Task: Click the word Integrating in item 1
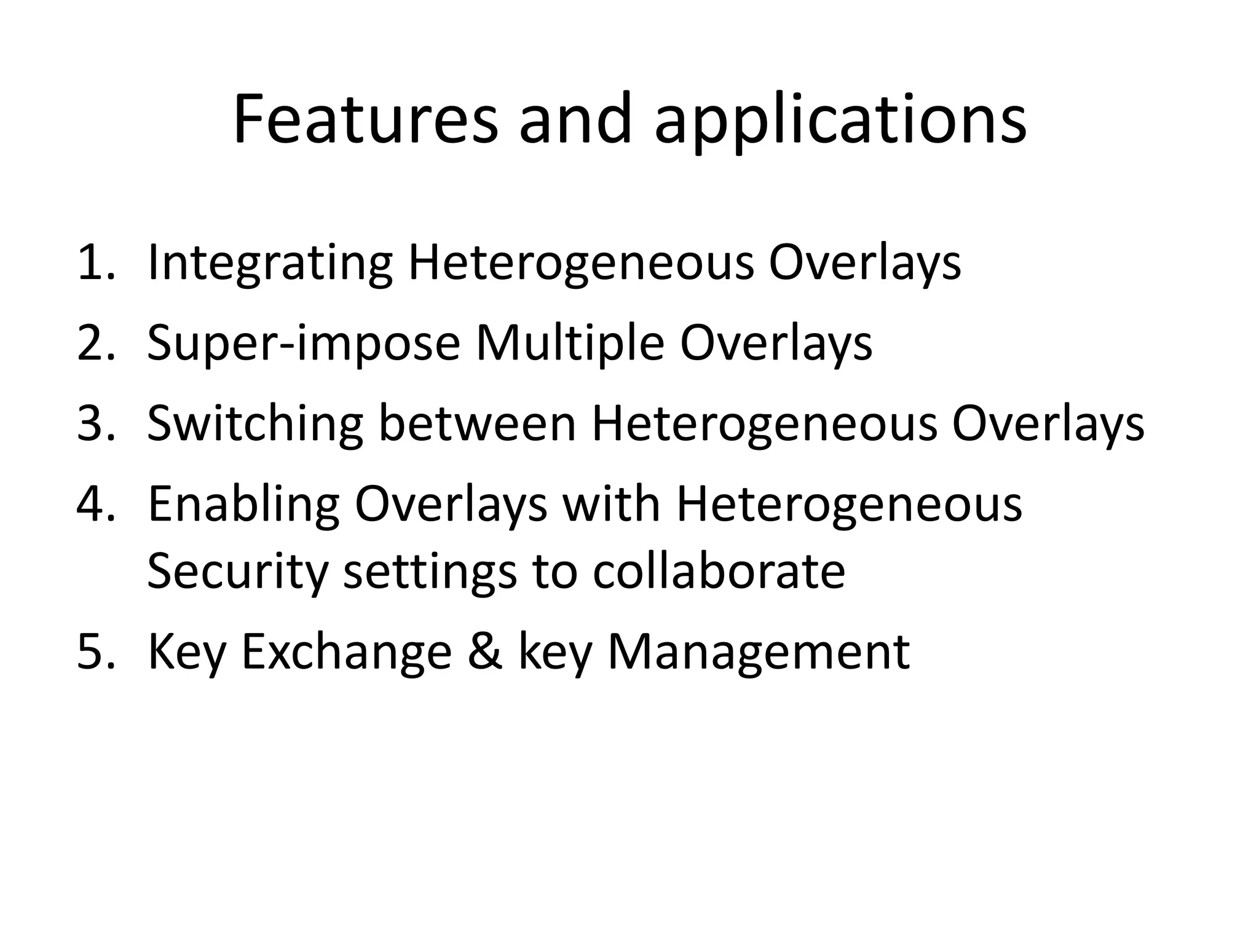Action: point(269,263)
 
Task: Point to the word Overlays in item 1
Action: point(864,263)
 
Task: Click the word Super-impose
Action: point(303,343)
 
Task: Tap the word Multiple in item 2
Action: point(570,343)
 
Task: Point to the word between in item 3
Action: point(477,423)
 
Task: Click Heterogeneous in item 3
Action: point(764,423)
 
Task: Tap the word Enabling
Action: point(243,504)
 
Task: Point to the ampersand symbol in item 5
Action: point(486,652)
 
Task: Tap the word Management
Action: point(758,652)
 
